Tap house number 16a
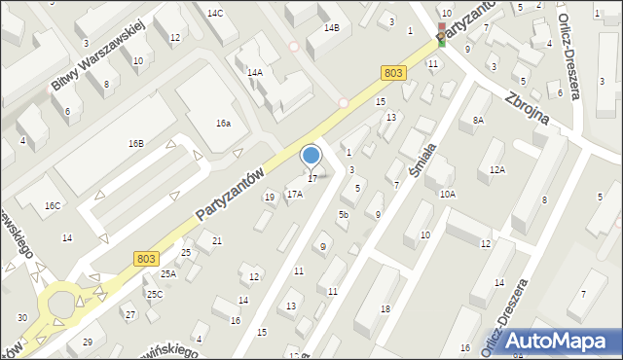(x=223, y=124)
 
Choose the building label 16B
(x=135, y=143)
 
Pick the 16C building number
(x=52, y=205)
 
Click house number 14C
(x=215, y=13)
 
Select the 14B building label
(x=331, y=28)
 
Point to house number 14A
(x=255, y=72)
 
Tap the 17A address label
(x=294, y=194)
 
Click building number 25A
(x=168, y=273)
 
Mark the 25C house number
(x=154, y=293)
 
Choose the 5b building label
(x=343, y=214)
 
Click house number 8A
(x=478, y=120)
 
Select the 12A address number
(x=497, y=169)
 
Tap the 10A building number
(x=447, y=194)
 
